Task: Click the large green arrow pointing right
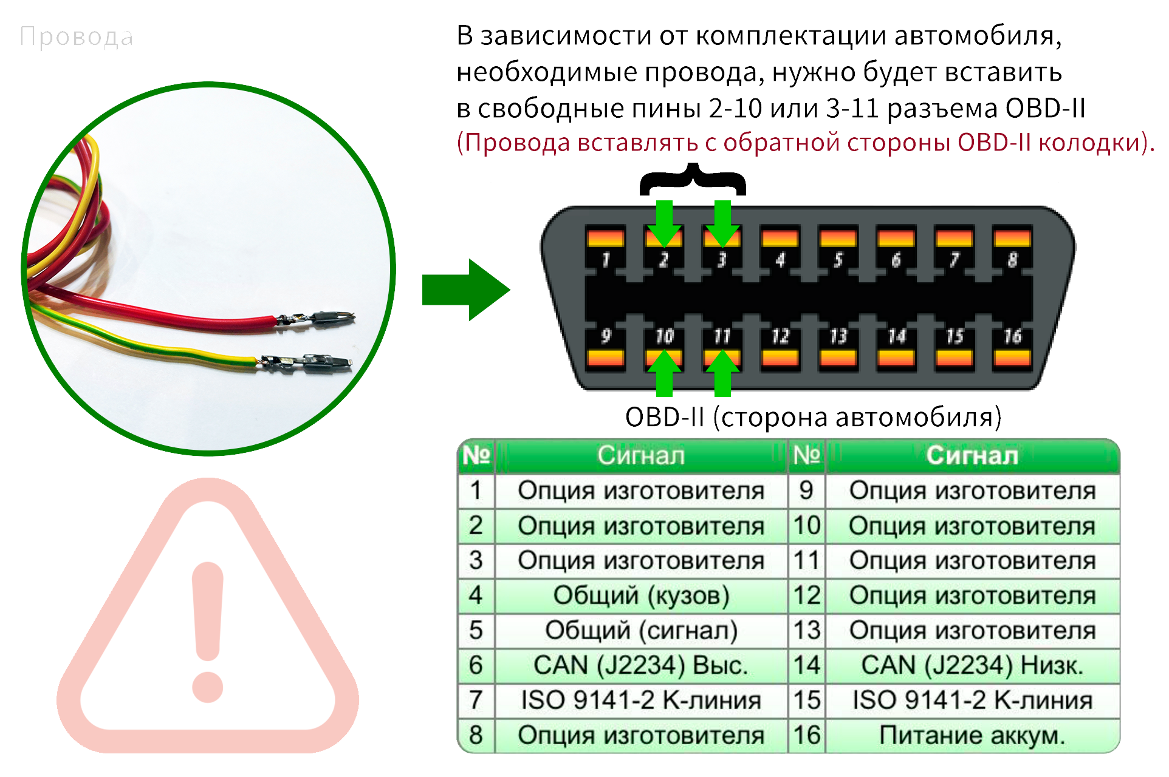coord(465,290)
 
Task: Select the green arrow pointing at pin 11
coord(722,373)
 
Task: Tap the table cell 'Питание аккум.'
coord(972,735)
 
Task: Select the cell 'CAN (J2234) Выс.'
coord(641,665)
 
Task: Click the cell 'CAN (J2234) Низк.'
coord(972,665)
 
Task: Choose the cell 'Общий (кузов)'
coord(641,595)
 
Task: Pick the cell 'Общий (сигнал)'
coord(641,630)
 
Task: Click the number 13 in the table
coord(807,630)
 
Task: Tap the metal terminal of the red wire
coord(316,317)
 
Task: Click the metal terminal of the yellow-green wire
coord(307,363)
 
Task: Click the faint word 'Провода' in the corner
coord(77,37)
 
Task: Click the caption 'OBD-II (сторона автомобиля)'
coord(813,418)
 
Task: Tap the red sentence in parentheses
coord(805,143)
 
